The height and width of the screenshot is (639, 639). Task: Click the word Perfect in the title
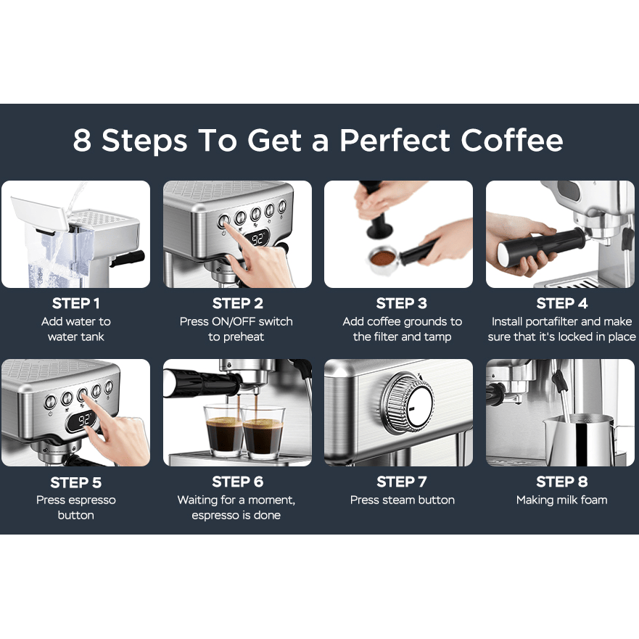(x=395, y=141)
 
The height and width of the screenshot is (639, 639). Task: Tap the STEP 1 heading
(x=76, y=304)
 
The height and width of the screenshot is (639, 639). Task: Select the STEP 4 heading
(x=562, y=304)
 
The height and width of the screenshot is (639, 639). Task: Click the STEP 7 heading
(x=401, y=482)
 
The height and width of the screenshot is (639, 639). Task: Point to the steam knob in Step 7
(x=408, y=401)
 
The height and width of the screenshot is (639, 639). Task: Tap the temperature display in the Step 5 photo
(x=83, y=420)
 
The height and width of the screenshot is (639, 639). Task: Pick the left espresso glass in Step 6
(x=223, y=430)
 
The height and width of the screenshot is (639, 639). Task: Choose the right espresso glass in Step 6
(x=263, y=433)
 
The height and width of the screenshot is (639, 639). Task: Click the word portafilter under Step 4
(x=552, y=321)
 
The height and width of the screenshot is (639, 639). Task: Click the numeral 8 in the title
(x=82, y=141)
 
